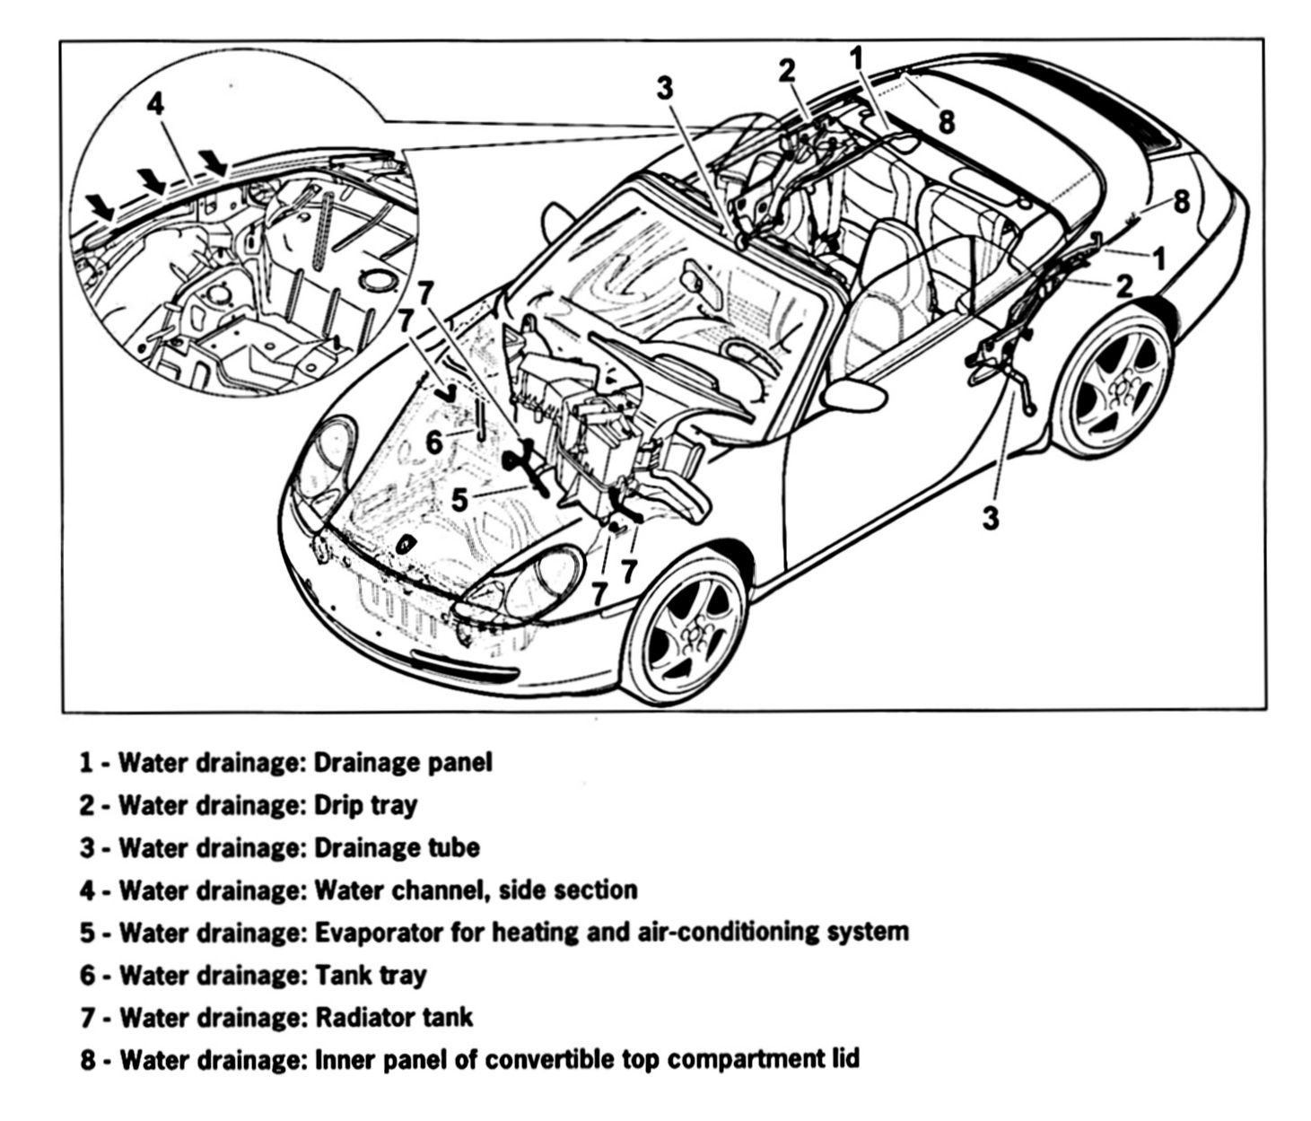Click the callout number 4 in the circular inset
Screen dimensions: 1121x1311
pyautogui.click(x=155, y=104)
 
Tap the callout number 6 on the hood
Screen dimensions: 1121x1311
pyautogui.click(x=434, y=442)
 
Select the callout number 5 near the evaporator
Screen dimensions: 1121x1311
pyautogui.click(x=459, y=499)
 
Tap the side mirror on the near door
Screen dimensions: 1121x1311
pyautogui.click(x=852, y=394)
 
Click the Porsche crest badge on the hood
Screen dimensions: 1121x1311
pyautogui.click(x=406, y=544)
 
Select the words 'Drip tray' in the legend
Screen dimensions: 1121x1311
pyautogui.click(x=365, y=805)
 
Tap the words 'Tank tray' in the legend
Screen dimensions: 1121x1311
pyautogui.click(x=371, y=975)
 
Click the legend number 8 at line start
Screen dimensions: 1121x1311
pyautogui.click(x=87, y=1060)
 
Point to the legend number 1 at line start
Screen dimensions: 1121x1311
pyautogui.click(x=87, y=763)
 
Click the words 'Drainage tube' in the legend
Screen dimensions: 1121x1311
pyautogui.click(x=397, y=847)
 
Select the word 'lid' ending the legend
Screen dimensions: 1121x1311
pyautogui.click(x=845, y=1058)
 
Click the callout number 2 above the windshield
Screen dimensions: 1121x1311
pyautogui.click(x=787, y=71)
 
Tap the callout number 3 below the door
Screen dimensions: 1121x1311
pyautogui.click(x=990, y=518)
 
